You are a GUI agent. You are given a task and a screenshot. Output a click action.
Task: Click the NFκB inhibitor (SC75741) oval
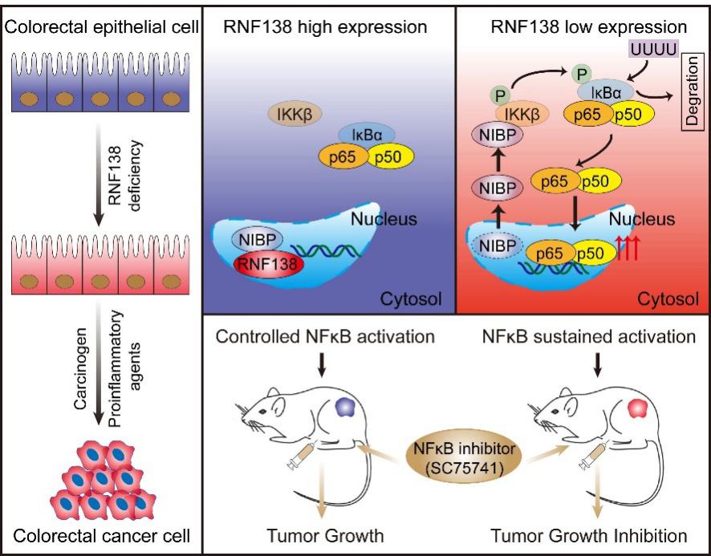pyautogui.click(x=453, y=465)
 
